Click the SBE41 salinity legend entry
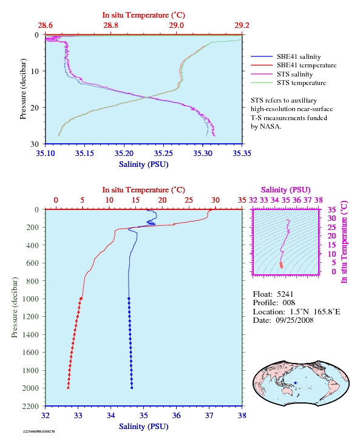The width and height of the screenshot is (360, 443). (x=286, y=56)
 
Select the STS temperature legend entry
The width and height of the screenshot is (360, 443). (x=288, y=83)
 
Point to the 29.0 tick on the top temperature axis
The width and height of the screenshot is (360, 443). (x=176, y=25)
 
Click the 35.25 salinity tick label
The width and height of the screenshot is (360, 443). (x=163, y=153)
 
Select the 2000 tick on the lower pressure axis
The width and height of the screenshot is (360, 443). (x=30, y=388)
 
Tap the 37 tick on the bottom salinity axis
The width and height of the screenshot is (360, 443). (x=209, y=415)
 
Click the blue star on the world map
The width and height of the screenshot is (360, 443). (x=295, y=383)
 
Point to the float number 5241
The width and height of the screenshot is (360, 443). (x=285, y=294)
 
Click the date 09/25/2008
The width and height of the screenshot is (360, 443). (x=294, y=320)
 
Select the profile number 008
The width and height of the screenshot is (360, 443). (x=289, y=303)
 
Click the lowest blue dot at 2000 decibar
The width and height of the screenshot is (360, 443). (x=132, y=388)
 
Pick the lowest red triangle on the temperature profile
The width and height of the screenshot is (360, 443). (x=68, y=387)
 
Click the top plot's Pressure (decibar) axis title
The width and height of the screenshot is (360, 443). (x=23, y=89)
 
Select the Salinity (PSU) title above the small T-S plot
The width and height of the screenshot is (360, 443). (x=286, y=189)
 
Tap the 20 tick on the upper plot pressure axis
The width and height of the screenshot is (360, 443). (x=35, y=107)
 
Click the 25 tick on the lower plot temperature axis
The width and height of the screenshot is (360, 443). (x=189, y=200)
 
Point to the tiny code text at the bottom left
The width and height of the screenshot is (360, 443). (x=39, y=431)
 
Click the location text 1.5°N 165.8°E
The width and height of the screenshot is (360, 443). (x=315, y=312)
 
